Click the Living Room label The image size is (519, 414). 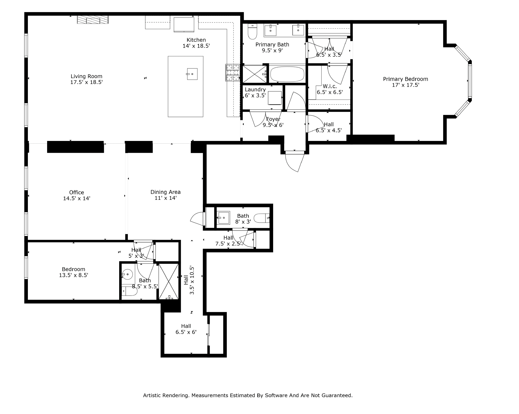[86, 76]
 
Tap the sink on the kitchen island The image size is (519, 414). [192, 74]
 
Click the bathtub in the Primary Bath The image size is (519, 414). [287, 74]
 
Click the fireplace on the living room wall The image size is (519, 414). [93, 20]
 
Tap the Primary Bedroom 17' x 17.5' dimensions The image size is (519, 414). [405, 85]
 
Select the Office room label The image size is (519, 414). [77, 192]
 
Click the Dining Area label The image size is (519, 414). [166, 192]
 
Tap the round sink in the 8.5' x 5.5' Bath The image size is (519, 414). [127, 274]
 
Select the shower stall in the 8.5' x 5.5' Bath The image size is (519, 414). [168, 281]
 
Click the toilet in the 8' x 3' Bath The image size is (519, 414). [261, 218]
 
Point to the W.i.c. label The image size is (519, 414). [330, 86]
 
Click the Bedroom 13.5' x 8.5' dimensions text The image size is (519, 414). [73, 275]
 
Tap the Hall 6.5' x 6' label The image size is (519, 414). [186, 326]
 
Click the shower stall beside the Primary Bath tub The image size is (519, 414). [254, 74]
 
